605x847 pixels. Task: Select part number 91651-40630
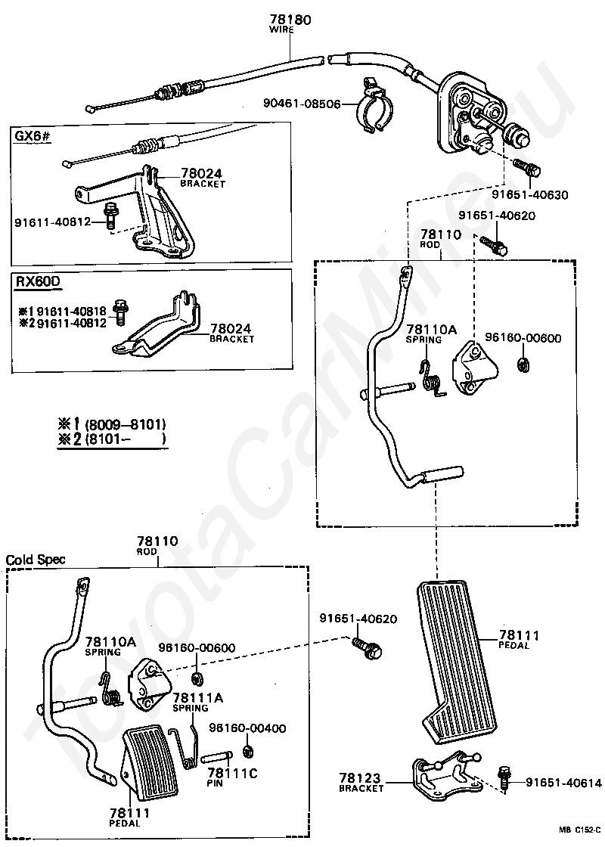[x=529, y=194]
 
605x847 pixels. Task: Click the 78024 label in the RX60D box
[x=231, y=329]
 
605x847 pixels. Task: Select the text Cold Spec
[x=36, y=560]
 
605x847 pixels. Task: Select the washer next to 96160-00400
[x=247, y=752]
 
